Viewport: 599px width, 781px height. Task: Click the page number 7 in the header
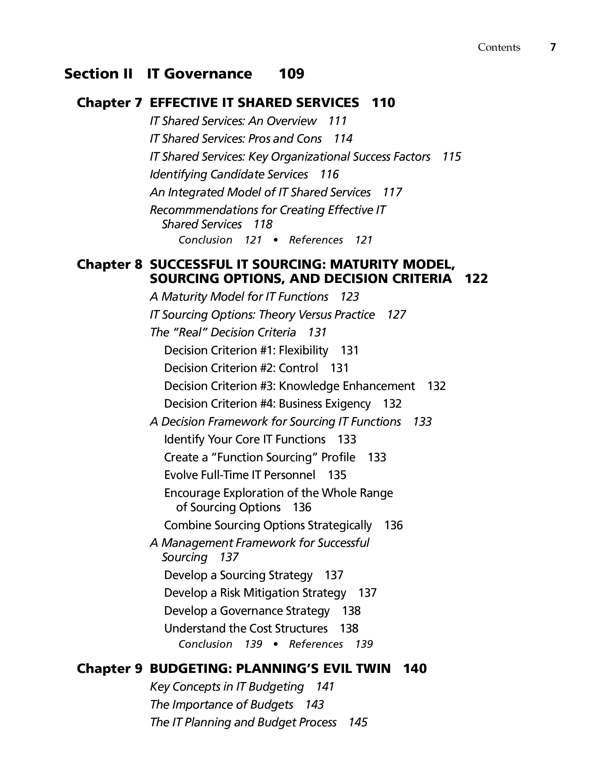[x=553, y=47]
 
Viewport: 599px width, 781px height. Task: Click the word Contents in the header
[x=499, y=47]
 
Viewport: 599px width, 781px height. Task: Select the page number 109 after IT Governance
[x=291, y=74]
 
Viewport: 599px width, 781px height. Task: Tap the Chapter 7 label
[x=110, y=103]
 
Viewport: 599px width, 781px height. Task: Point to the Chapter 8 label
[x=110, y=264]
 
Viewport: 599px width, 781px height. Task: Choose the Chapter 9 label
[x=110, y=668]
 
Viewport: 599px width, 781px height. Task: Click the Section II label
[x=98, y=74]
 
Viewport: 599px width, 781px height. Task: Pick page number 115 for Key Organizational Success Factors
[x=452, y=157]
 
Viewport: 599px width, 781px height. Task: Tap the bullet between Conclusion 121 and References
[x=275, y=240]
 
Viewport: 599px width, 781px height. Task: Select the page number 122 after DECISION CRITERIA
[x=476, y=279]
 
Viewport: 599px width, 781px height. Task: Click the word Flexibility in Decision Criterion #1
[x=303, y=350]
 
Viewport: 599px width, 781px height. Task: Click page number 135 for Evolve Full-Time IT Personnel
[x=337, y=475]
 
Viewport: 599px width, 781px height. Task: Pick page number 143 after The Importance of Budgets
[x=314, y=705]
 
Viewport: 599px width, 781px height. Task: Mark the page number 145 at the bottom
[x=358, y=723]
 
